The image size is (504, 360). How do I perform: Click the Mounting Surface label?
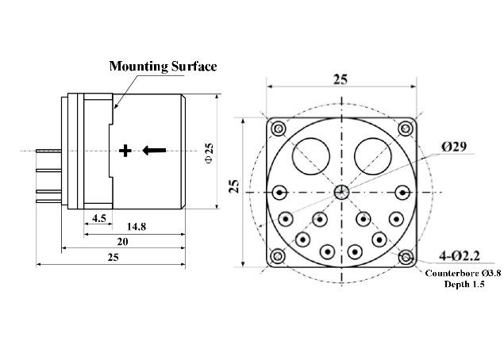click(x=163, y=66)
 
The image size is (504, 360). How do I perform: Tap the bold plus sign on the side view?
click(x=125, y=151)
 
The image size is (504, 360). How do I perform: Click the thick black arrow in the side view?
click(x=154, y=151)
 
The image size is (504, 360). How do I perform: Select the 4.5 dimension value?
click(x=99, y=218)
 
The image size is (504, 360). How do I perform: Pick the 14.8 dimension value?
click(x=137, y=227)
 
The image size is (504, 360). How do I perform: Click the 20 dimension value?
click(x=122, y=242)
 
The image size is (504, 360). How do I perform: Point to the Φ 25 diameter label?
click(x=209, y=153)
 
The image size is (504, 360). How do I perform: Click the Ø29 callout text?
click(x=454, y=147)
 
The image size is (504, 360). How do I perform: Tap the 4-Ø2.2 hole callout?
click(x=460, y=256)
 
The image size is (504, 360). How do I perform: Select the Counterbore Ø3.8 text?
click(x=463, y=274)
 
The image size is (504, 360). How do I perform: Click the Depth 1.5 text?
click(x=464, y=284)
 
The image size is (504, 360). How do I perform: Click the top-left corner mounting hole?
click(x=279, y=129)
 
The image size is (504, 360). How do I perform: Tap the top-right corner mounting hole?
click(x=406, y=129)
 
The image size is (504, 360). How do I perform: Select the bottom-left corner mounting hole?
click(x=277, y=257)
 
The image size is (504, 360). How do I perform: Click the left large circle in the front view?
click(x=311, y=156)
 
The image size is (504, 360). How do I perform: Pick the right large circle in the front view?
click(x=373, y=156)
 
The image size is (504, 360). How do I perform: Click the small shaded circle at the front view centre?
click(x=341, y=193)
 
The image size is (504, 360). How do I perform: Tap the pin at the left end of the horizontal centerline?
click(x=280, y=193)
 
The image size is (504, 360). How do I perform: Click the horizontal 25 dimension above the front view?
click(x=340, y=79)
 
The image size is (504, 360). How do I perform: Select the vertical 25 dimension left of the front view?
click(x=235, y=186)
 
